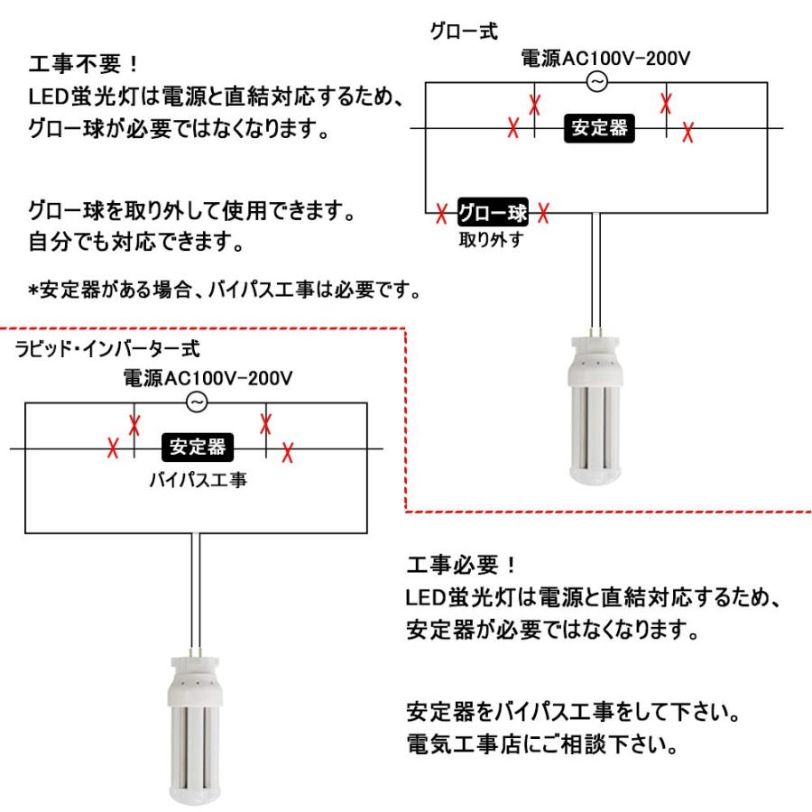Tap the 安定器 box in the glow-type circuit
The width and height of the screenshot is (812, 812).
pos(600,129)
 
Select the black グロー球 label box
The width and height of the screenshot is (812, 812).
pos(492,214)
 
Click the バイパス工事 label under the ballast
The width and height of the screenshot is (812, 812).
pos(198,478)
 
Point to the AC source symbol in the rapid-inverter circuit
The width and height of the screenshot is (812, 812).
pos(197,402)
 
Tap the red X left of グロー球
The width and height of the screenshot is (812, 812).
pos(441,215)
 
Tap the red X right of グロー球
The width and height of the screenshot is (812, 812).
pos(543,214)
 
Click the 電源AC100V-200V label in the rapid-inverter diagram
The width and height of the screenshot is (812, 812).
pos(208,379)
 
